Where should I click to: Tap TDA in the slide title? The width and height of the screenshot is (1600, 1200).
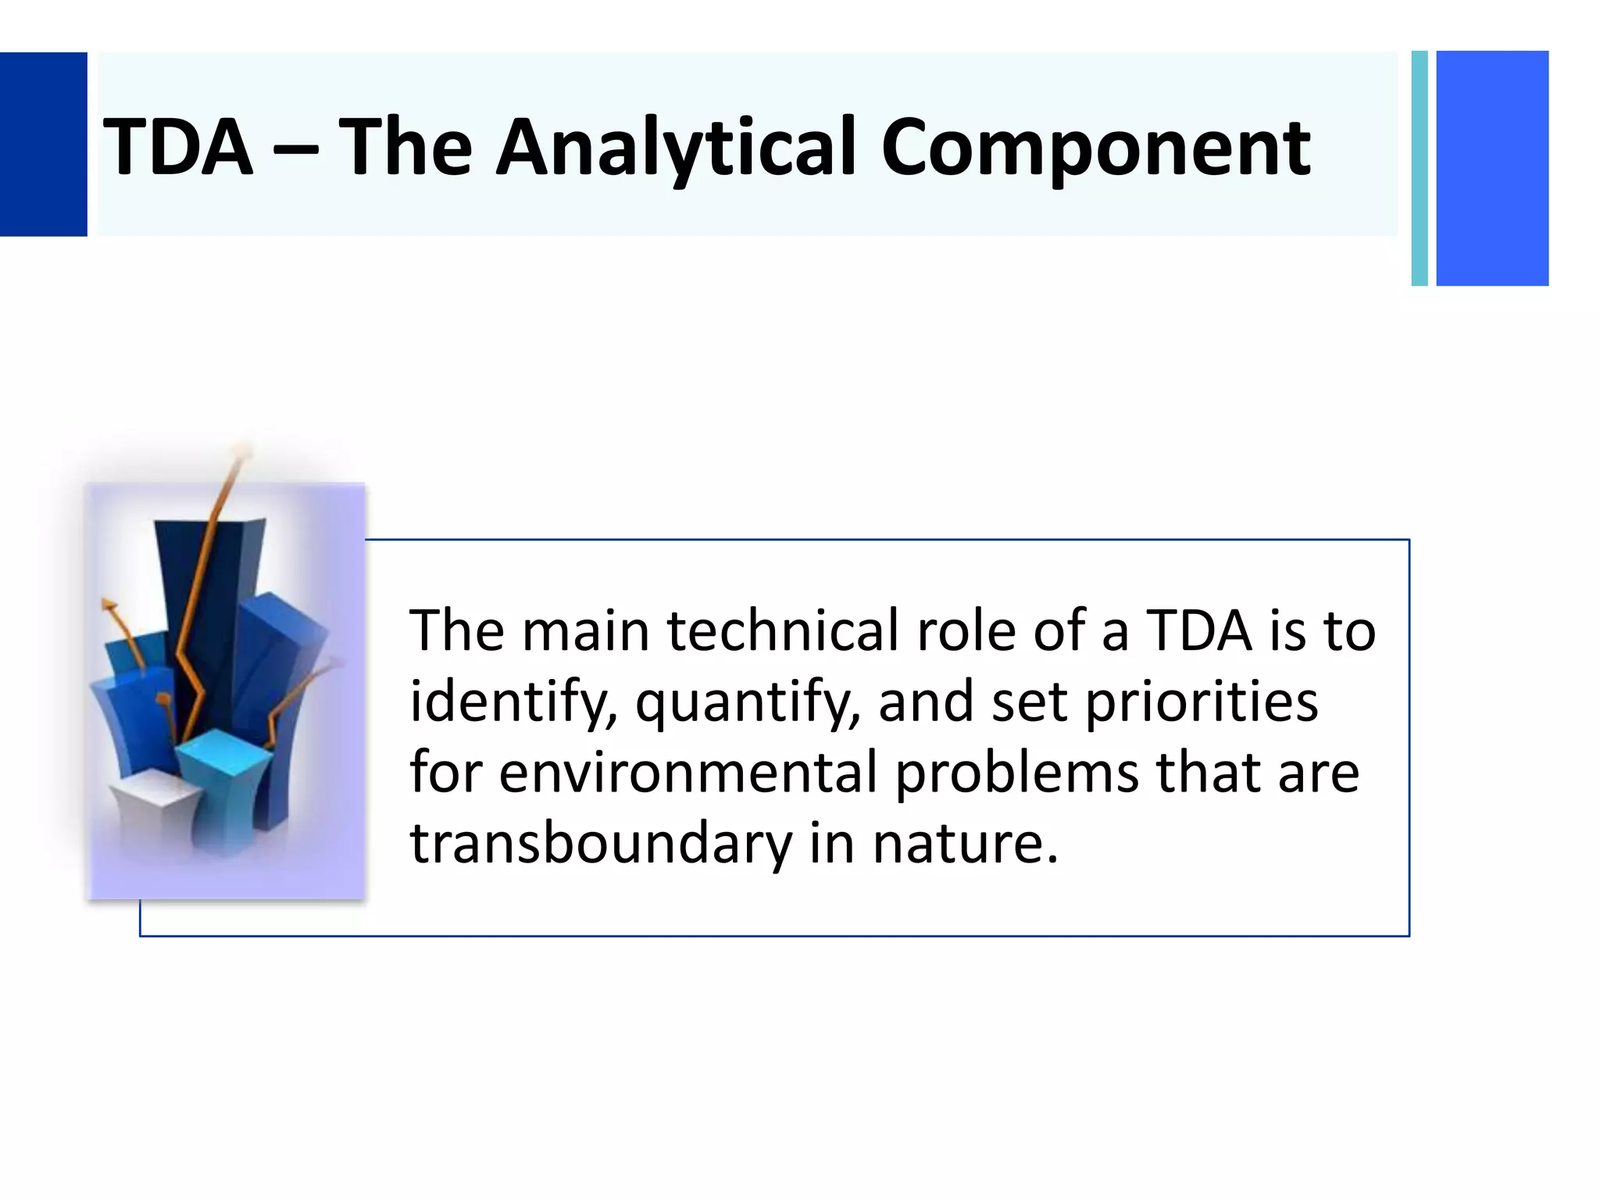(x=178, y=147)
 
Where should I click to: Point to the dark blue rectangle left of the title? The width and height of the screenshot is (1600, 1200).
(x=43, y=144)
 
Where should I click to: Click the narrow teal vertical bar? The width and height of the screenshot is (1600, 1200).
(x=1419, y=168)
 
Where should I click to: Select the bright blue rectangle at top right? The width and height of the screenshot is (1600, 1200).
(x=1491, y=168)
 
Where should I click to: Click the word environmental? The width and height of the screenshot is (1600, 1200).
(x=687, y=772)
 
